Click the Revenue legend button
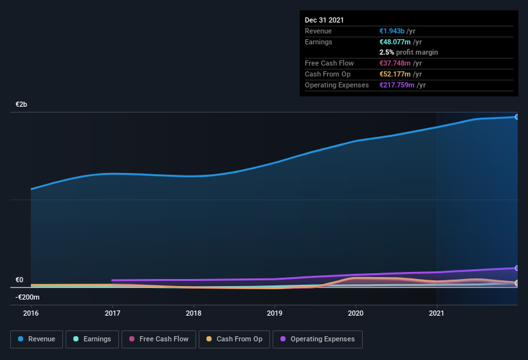click(x=37, y=339)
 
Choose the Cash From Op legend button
click(x=234, y=339)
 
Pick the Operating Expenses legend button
click(x=318, y=339)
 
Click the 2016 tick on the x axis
click(x=31, y=313)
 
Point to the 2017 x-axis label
click(x=113, y=313)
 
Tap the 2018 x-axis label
click(x=194, y=313)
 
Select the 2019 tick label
click(x=275, y=313)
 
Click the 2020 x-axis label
click(x=356, y=313)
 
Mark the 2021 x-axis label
click(x=437, y=313)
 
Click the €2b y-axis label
click(x=21, y=104)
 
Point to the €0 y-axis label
click(x=19, y=280)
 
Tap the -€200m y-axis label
click(x=28, y=297)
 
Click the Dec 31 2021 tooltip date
click(x=324, y=20)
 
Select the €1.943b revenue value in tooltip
click(x=393, y=31)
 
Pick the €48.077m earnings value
click(x=395, y=42)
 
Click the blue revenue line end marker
click(x=516, y=116)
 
